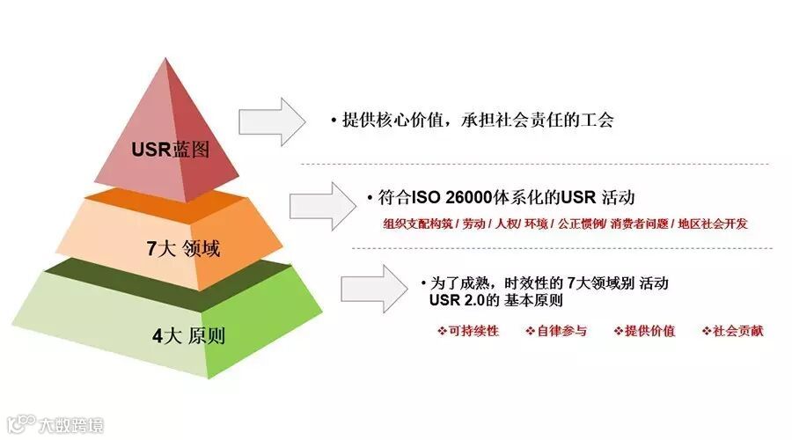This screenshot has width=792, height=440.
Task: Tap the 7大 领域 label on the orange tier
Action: tap(183, 248)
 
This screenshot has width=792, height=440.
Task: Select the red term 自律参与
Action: tap(555, 331)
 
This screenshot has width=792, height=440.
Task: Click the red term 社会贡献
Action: tap(733, 331)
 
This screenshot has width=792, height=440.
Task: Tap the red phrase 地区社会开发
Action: tap(713, 224)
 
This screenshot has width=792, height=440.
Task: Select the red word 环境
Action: tap(536, 224)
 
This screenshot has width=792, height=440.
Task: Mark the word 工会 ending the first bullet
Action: tap(598, 121)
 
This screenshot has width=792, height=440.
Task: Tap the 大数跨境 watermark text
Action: tap(70, 426)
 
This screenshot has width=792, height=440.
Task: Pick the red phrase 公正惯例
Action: tap(582, 224)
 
